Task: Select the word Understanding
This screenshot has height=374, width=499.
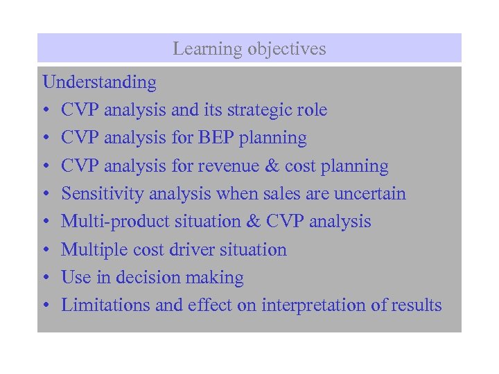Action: (x=100, y=82)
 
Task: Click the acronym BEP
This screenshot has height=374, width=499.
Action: (x=216, y=138)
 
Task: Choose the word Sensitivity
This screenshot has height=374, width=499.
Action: (x=97, y=194)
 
